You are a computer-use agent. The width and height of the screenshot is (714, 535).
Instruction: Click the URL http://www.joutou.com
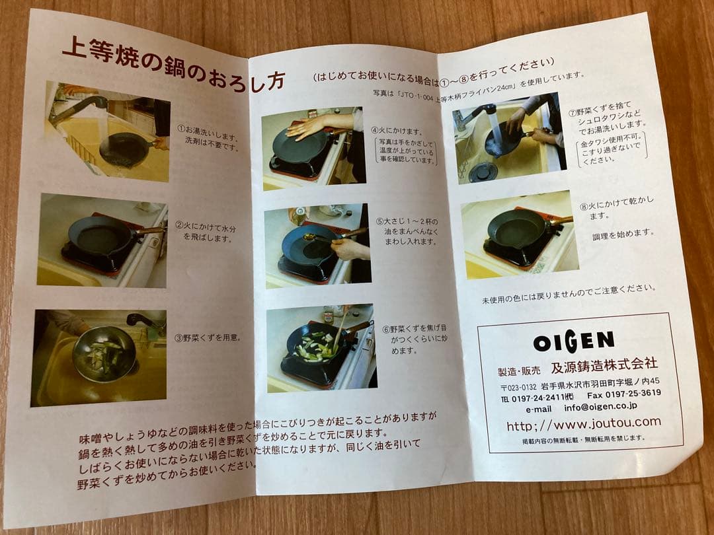tap(582, 423)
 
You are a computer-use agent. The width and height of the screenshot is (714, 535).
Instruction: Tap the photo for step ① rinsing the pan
tap(108, 132)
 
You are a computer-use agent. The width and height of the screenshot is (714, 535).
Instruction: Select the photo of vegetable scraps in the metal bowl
tap(99, 357)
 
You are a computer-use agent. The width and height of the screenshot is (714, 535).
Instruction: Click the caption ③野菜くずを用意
tap(207, 337)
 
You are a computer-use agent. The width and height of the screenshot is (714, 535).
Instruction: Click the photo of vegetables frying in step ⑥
tap(320, 347)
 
